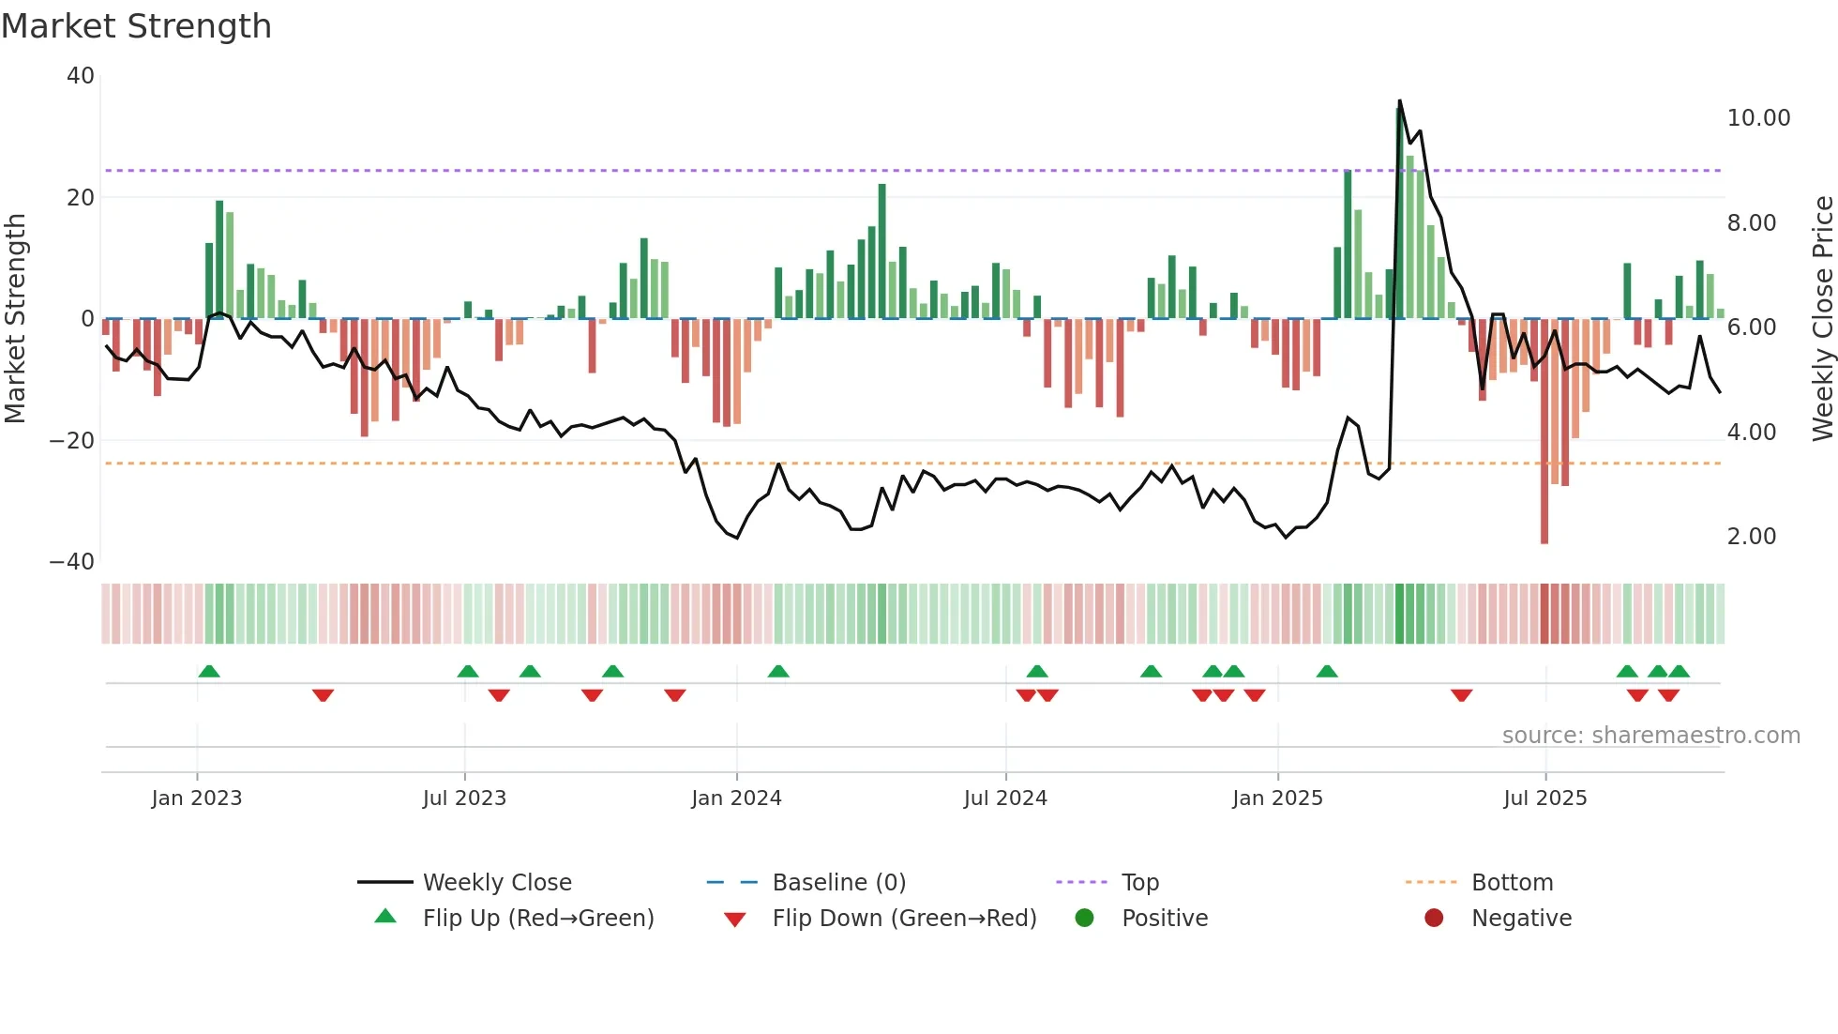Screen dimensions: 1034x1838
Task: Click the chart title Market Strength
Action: click(x=136, y=26)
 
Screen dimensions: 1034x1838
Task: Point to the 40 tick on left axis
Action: click(x=81, y=76)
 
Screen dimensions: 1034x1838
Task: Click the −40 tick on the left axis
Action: click(x=72, y=562)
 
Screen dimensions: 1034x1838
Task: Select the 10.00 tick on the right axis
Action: click(x=1758, y=118)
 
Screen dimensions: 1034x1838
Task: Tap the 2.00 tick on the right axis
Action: click(x=1751, y=537)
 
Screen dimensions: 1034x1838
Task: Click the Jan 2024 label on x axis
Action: click(x=736, y=798)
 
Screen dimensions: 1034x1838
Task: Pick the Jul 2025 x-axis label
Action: click(x=1544, y=798)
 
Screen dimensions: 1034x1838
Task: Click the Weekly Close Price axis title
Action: click(x=1822, y=318)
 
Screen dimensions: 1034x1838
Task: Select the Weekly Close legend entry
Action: click(x=496, y=883)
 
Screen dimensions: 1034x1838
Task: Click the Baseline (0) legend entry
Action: click(x=838, y=883)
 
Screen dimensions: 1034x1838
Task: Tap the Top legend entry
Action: click(x=1139, y=883)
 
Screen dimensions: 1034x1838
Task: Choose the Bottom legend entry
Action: click(x=1512, y=883)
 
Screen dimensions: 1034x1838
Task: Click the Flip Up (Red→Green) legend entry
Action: click(x=537, y=919)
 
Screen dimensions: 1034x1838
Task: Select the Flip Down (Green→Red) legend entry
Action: click(x=904, y=919)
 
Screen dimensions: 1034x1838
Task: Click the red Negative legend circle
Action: click(x=1434, y=918)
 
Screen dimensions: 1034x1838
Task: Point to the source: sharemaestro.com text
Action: click(x=1650, y=736)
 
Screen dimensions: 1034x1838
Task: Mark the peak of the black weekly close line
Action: click(x=1399, y=101)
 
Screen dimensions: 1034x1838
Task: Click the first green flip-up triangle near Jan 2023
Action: click(x=209, y=671)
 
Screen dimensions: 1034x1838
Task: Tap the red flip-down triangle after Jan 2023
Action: click(x=323, y=695)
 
